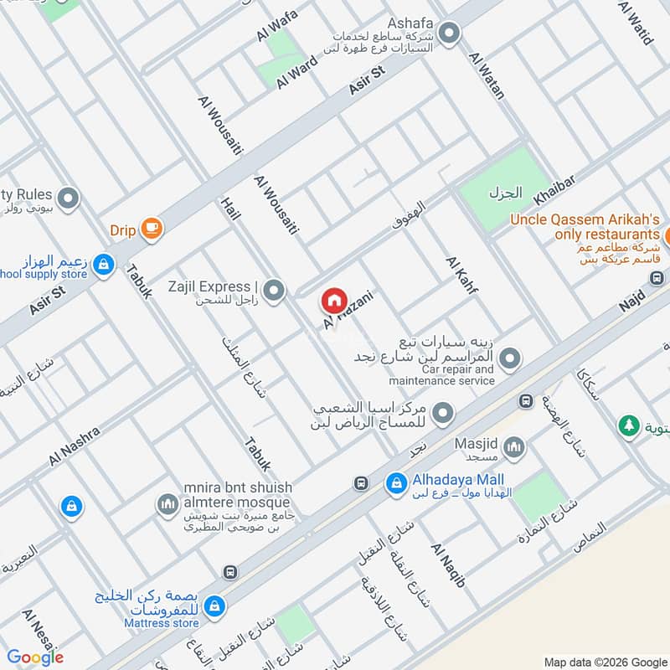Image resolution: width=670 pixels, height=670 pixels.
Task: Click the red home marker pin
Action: coord(333,300)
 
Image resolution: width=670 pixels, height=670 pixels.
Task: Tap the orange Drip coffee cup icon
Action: coord(152,229)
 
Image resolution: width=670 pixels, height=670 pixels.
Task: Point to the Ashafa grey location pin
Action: coord(450,34)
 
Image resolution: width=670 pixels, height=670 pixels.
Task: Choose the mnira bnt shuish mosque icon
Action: coord(167,504)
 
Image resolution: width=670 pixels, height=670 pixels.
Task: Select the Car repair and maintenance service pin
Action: coord(513,359)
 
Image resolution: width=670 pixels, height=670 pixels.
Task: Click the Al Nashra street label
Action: coord(75,446)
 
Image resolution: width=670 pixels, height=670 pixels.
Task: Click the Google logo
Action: coord(35,657)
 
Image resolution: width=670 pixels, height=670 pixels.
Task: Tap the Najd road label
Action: coord(631,298)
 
